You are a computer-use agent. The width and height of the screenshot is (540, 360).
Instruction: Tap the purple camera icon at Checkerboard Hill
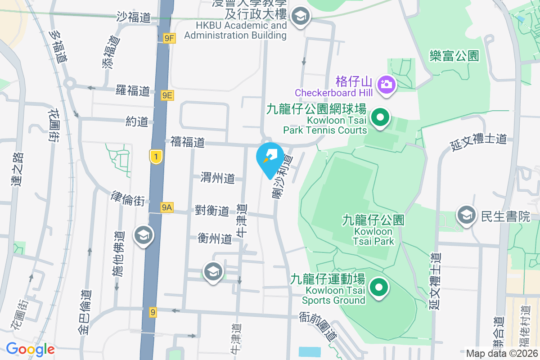386,84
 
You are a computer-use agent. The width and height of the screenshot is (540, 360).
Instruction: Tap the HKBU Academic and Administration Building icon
299,17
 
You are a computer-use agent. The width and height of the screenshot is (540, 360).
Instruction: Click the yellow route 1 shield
156,157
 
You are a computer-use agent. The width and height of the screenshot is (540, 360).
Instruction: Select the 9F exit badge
169,39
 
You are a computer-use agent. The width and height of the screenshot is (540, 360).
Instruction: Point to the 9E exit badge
167,95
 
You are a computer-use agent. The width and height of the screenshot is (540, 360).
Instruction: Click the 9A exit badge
167,207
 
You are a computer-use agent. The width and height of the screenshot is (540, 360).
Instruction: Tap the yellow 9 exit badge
153,312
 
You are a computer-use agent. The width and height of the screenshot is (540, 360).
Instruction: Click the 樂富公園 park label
454,56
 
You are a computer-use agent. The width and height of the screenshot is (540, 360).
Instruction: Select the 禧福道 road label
188,142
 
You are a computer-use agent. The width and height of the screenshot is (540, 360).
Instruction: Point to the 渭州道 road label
218,178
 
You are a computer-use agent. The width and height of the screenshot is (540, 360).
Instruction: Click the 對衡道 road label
212,211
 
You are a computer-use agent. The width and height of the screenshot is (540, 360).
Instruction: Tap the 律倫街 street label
128,198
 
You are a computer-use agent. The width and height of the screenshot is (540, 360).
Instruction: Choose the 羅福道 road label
132,90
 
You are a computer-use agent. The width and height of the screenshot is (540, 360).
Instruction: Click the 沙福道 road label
133,17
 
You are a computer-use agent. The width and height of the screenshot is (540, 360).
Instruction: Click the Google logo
30,349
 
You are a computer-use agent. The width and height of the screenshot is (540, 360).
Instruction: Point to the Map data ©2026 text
501,354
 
